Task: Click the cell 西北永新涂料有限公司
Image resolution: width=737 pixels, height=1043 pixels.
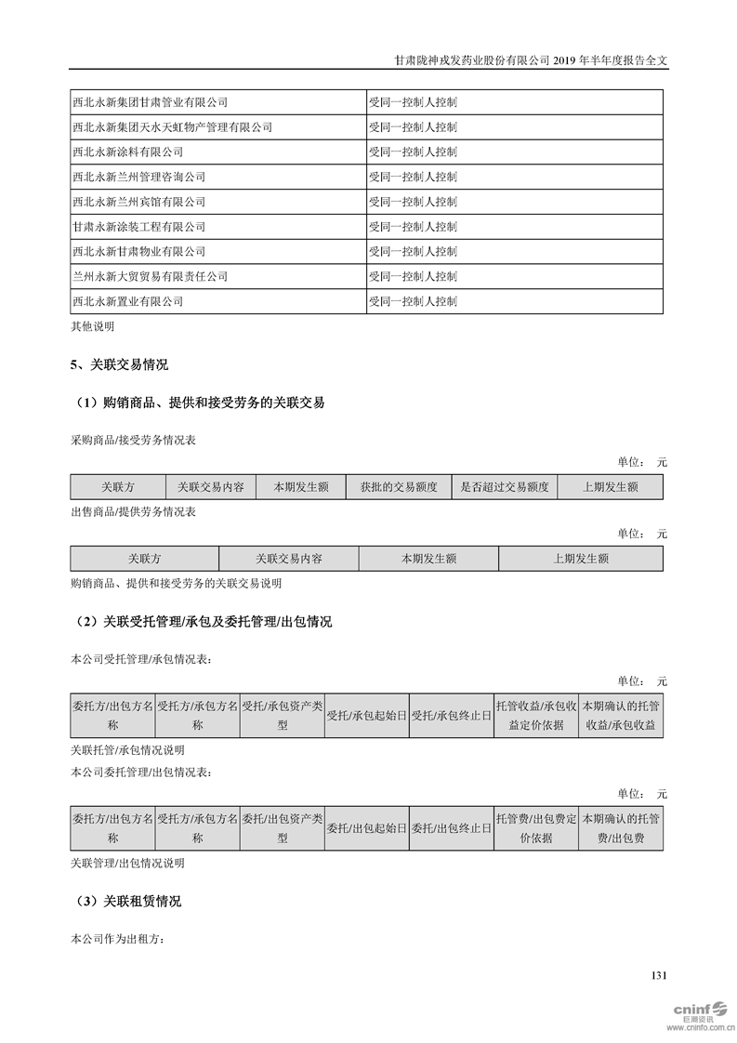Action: (127, 152)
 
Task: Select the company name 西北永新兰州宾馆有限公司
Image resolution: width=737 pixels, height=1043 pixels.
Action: (138, 202)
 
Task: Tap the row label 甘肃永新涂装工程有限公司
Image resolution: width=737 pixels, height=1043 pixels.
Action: (138, 227)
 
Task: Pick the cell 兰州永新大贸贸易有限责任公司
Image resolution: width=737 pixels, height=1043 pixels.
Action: (150, 277)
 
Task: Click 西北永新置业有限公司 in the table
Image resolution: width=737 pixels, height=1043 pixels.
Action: (127, 302)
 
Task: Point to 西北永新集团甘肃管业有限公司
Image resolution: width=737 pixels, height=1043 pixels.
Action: (150, 102)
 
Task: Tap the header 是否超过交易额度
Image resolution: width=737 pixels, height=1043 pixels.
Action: (505, 487)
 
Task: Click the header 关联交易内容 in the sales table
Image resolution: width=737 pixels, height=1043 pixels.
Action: (289, 559)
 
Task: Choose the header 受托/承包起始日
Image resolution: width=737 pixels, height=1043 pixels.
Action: (366, 716)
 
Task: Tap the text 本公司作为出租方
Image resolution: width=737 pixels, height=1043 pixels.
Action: (117, 939)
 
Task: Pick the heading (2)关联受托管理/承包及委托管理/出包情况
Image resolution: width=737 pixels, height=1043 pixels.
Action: (201, 622)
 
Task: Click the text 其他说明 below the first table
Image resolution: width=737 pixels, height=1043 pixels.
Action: (93, 326)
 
